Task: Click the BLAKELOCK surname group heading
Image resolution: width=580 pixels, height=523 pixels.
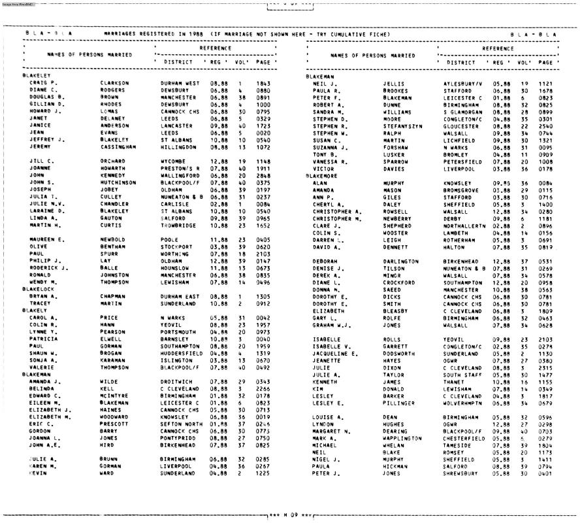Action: click(x=37, y=288)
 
